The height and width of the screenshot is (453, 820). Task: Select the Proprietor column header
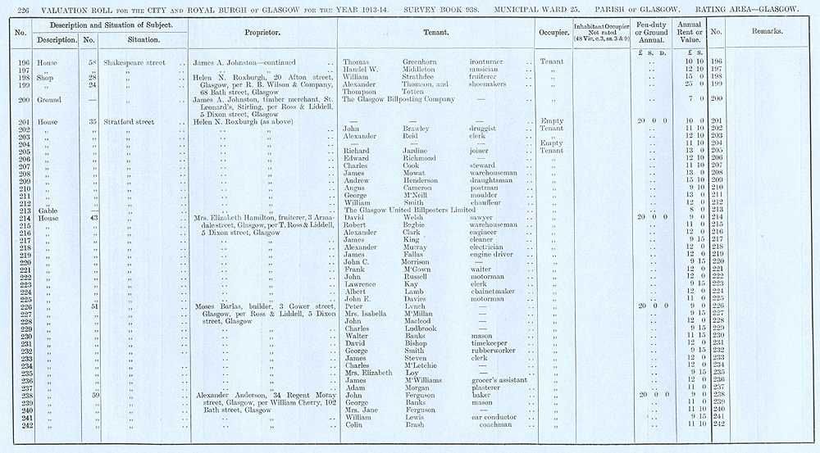pos(263,32)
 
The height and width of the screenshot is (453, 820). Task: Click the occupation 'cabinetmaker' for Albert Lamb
pos(494,292)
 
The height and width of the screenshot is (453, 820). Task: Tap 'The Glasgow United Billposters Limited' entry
pos(408,211)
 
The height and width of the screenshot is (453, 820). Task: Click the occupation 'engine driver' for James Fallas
pos(494,255)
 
